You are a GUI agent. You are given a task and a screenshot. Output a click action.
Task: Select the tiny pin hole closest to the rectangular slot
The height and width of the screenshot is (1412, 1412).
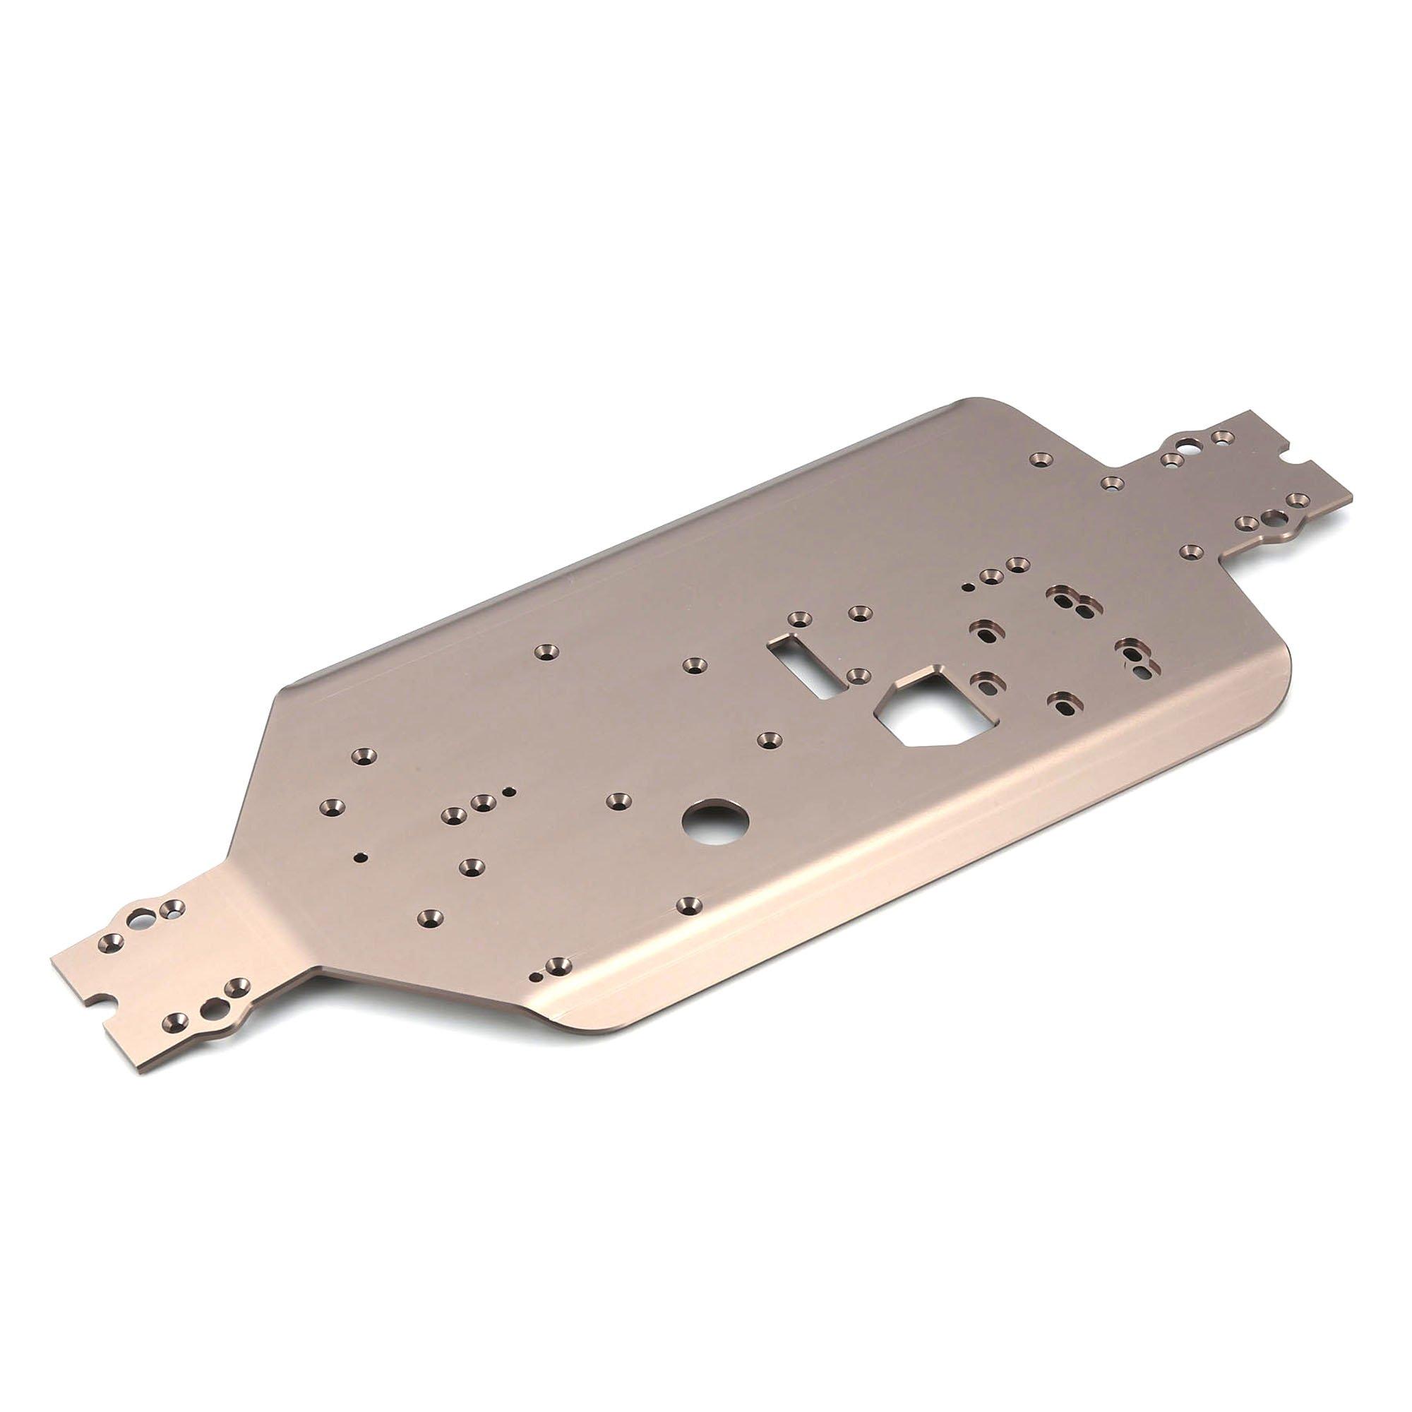(x=967, y=587)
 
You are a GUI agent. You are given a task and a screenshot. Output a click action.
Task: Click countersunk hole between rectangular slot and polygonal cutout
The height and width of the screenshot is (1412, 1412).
(x=858, y=672)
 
